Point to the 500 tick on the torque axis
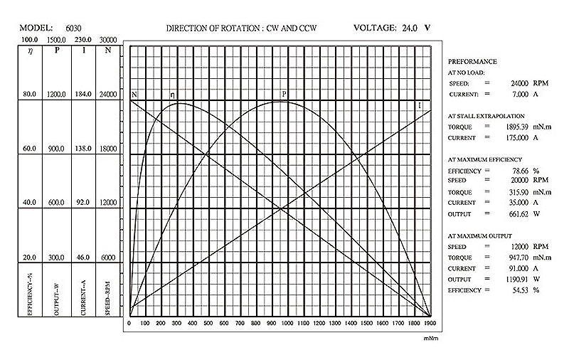point(208,323)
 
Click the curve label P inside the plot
point(284,93)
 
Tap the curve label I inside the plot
point(420,105)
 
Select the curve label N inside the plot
point(134,95)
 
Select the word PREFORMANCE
point(472,62)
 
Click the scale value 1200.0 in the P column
point(57,94)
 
